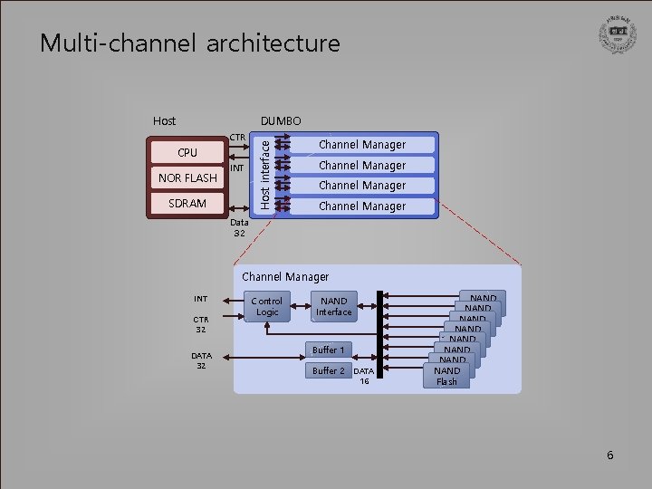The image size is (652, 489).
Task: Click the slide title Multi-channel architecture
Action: [189, 43]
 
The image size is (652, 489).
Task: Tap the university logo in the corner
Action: [618, 36]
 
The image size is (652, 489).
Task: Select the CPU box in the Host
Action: [187, 152]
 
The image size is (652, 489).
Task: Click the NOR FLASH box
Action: [187, 177]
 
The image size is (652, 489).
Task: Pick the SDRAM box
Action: [187, 204]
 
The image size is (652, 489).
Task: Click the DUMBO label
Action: [281, 120]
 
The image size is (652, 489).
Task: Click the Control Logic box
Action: [266, 306]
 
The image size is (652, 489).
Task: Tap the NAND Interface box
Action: [333, 306]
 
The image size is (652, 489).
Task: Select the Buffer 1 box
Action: [328, 350]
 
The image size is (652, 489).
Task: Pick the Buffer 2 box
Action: [328, 370]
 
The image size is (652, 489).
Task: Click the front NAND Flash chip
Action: [446, 376]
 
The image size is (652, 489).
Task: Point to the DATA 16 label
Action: [363, 376]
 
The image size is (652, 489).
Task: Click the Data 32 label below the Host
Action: [239, 227]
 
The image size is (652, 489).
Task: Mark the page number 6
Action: [609, 455]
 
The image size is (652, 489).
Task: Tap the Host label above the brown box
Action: [164, 120]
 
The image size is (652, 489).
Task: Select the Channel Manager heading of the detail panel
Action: [285, 276]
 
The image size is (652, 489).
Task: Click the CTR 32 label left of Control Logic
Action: [200, 324]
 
